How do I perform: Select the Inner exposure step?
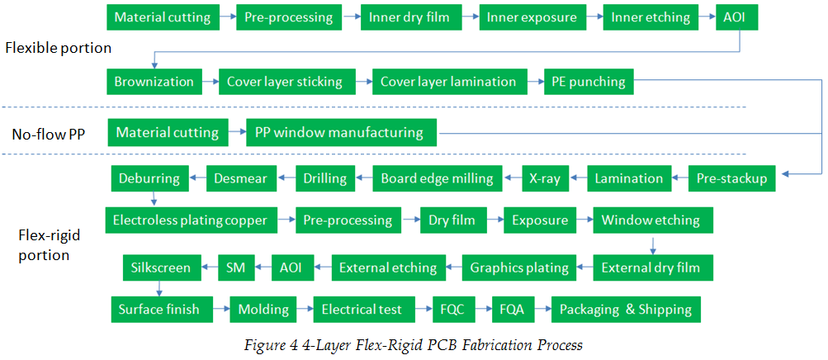(x=532, y=17)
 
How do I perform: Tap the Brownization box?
(x=154, y=82)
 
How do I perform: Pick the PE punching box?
(x=589, y=82)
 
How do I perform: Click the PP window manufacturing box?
(x=342, y=132)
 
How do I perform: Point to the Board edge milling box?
(x=438, y=178)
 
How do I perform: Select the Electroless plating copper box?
(x=192, y=220)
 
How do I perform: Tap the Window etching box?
(x=653, y=220)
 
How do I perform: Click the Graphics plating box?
(x=518, y=268)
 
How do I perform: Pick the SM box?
(x=235, y=268)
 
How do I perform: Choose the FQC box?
(x=452, y=309)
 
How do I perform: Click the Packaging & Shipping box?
(x=626, y=309)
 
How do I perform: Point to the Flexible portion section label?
(x=58, y=48)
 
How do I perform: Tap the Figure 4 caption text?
(x=414, y=345)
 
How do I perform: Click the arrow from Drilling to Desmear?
(x=286, y=179)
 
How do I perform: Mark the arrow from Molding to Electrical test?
(x=304, y=309)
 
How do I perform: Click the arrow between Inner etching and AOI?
(x=707, y=17)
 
